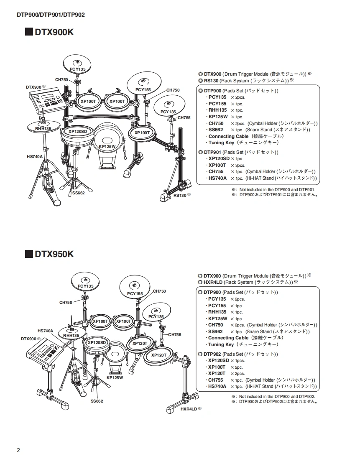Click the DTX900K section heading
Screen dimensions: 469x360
[54, 32]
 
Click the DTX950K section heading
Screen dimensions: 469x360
[54, 254]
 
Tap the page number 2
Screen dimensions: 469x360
[18, 450]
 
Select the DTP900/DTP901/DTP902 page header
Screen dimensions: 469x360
[51, 14]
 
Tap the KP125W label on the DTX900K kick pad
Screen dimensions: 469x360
[107, 146]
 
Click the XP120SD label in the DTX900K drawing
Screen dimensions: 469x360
[78, 131]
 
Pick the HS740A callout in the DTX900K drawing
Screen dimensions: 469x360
[34, 156]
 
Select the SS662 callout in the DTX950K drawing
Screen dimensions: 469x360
[97, 401]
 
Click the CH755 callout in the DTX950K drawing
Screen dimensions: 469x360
[175, 334]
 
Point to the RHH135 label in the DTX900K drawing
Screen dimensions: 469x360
[43, 129]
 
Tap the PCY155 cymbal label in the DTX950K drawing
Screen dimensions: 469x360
[135, 294]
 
